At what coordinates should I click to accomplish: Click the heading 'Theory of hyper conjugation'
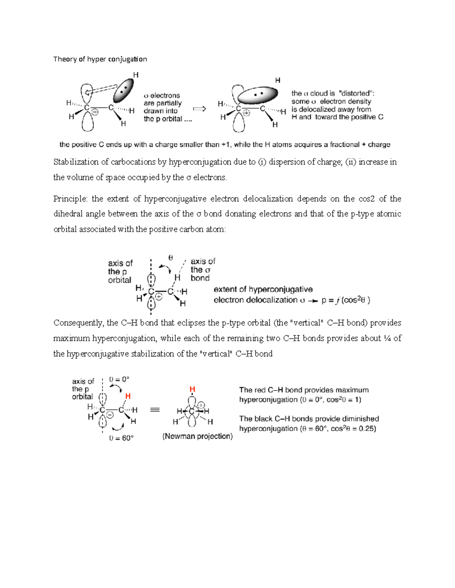coord(100,59)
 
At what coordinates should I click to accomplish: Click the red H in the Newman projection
coord(192,389)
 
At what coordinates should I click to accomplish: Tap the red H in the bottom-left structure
coord(128,396)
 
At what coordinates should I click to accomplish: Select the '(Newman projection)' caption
coord(198,436)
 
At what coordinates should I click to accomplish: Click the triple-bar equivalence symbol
coord(155,410)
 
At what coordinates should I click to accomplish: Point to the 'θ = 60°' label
coord(121,438)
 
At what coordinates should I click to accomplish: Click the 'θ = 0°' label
coord(119,379)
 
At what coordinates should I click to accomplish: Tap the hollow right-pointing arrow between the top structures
coord(199,109)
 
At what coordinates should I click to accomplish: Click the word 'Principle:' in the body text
coord(70,199)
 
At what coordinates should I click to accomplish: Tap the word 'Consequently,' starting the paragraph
coord(78,323)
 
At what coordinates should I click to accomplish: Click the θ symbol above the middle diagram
coord(171,258)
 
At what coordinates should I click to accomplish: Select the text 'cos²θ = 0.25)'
coord(353,429)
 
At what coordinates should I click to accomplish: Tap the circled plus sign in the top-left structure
coord(95,112)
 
